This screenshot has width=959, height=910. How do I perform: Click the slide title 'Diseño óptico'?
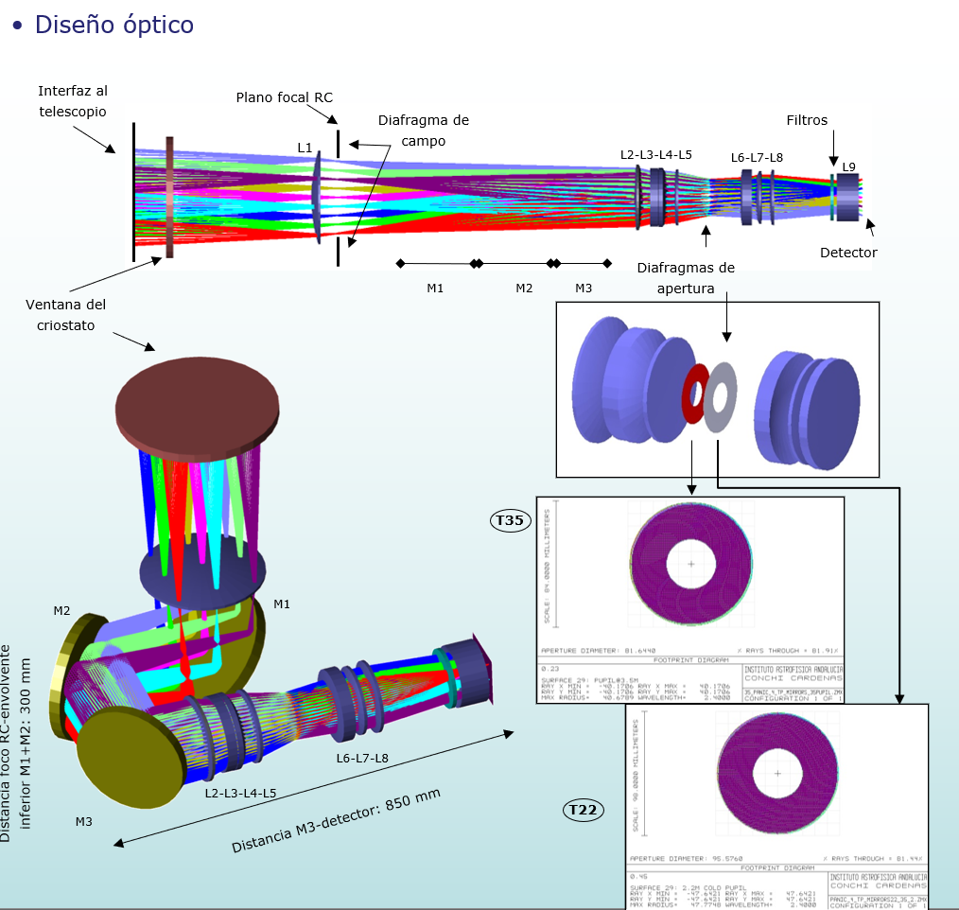pos(113,25)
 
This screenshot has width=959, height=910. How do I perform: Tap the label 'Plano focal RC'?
pos(284,97)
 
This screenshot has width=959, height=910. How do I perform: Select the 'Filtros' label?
pos(807,120)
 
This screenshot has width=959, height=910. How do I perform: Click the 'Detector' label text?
pos(848,253)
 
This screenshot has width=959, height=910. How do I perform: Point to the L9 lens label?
pos(848,167)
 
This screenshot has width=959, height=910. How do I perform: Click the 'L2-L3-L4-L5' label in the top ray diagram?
pos(656,154)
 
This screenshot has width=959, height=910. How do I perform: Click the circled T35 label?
pos(510,519)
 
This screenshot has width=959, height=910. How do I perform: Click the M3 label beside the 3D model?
pos(84,821)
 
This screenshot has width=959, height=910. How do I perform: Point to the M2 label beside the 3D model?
pos(61,610)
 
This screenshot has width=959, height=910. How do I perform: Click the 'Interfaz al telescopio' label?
pos(73,100)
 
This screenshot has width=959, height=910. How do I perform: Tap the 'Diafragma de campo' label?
pos(423,131)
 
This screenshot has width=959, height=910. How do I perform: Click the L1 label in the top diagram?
pos(305,148)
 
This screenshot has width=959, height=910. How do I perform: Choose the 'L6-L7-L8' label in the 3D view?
pos(363,758)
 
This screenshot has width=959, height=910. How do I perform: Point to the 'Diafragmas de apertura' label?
pos(686,278)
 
